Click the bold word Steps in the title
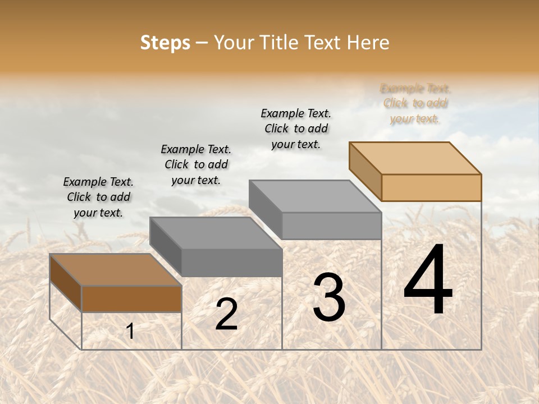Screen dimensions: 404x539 [165, 43]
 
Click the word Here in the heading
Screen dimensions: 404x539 [368, 43]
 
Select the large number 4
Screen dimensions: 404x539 [428, 281]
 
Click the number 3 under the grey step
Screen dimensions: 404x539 [328, 297]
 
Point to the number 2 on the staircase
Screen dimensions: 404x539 [226, 315]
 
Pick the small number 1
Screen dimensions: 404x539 [130, 332]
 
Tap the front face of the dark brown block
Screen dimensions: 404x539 [131, 299]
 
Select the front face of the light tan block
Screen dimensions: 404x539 [431, 187]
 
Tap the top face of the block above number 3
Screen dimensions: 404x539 [315, 196]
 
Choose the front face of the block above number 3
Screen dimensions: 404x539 [331, 226]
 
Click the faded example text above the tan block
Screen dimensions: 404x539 [415, 103]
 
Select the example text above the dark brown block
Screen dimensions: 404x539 [98, 197]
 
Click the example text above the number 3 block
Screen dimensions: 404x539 [296, 128]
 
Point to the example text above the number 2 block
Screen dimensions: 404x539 [196, 164]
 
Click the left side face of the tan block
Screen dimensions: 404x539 [365, 171]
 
